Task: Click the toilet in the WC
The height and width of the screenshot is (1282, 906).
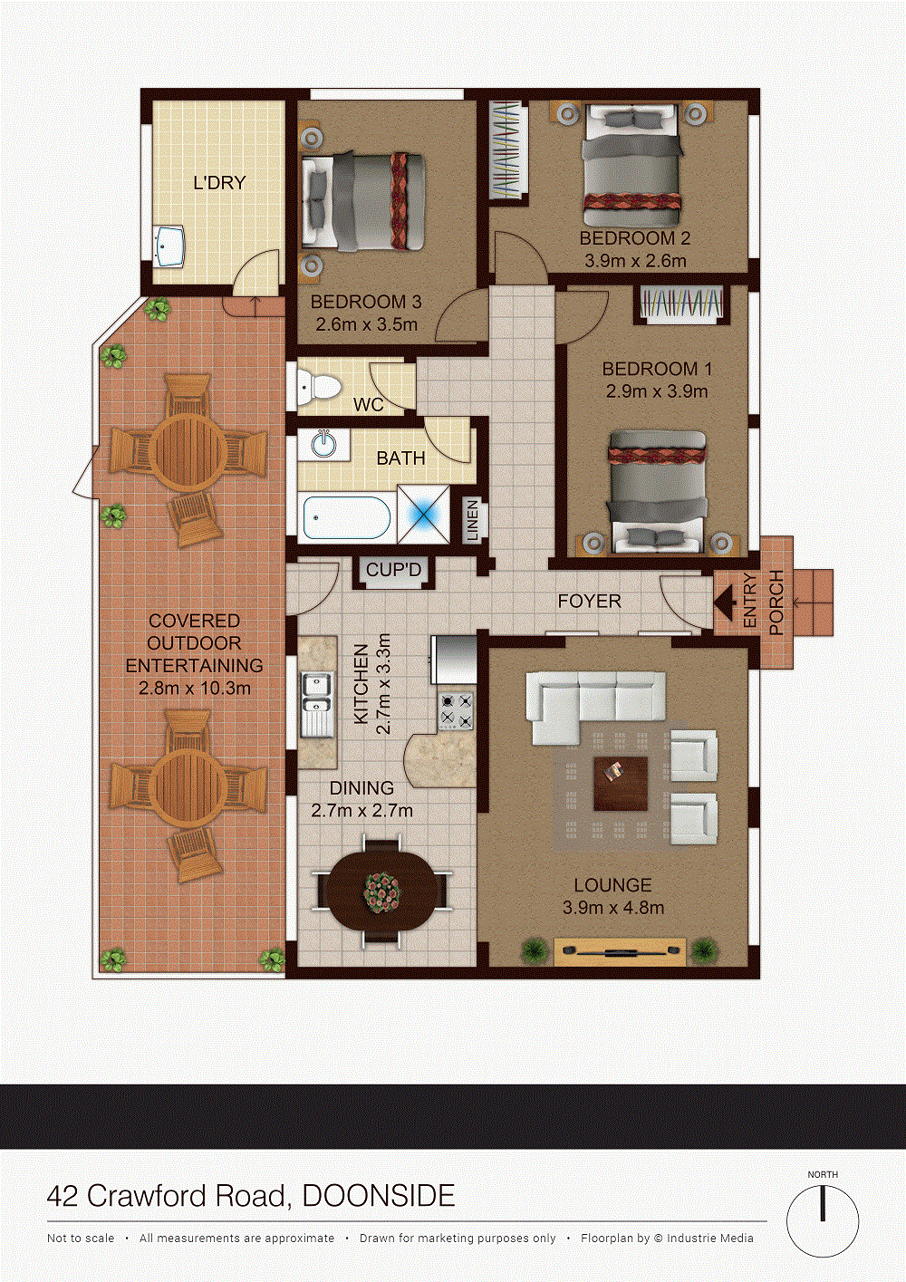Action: (318, 384)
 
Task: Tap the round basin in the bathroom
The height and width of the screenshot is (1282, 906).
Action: (325, 443)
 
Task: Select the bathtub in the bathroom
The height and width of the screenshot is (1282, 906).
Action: (347, 517)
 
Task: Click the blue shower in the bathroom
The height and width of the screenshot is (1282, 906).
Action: (423, 514)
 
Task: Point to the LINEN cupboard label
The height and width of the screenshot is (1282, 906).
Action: (473, 521)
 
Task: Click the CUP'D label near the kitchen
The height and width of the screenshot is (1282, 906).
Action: (394, 570)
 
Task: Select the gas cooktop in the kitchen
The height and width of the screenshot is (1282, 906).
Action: (456, 711)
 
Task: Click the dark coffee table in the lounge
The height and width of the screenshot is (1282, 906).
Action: (621, 784)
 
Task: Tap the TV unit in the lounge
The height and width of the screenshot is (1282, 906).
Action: (620, 952)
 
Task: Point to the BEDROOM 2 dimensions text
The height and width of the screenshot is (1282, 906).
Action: (635, 261)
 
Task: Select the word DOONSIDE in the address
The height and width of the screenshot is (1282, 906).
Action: (379, 1196)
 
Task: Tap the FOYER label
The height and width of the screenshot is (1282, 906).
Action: (590, 601)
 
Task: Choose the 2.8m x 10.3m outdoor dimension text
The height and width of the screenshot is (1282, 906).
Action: (195, 688)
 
